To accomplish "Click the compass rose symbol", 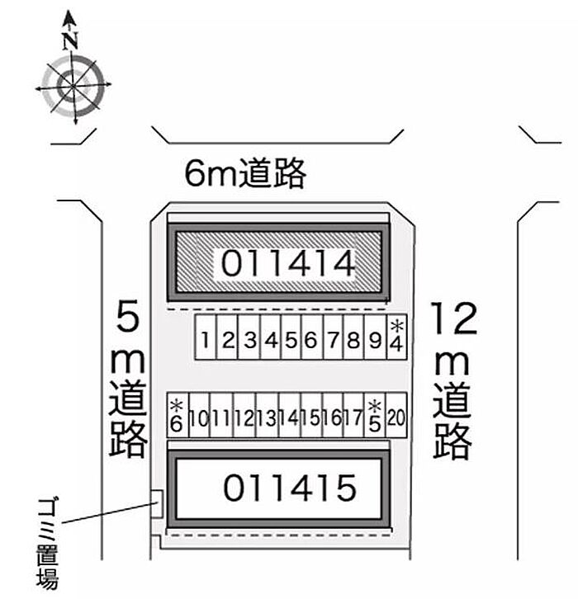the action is [73, 87].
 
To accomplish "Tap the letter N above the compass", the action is [70, 40].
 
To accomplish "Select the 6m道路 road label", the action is [245, 173].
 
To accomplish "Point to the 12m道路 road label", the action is [454, 380].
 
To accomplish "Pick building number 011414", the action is [288, 263].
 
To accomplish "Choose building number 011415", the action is [289, 488].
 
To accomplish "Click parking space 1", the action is [206, 337].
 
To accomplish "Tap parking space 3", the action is [249, 337].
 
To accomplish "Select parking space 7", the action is [333, 337].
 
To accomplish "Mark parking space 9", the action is [376, 337].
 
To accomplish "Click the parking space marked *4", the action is [397, 337].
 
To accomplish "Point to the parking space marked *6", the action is [178, 415].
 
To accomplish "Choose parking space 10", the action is [199, 415].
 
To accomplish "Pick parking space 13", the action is [267, 415].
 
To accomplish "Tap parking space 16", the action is [333, 415].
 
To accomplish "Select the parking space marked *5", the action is [375, 415].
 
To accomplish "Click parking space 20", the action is [396, 415].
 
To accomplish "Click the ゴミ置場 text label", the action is [49, 542].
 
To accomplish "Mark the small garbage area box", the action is [157, 504].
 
